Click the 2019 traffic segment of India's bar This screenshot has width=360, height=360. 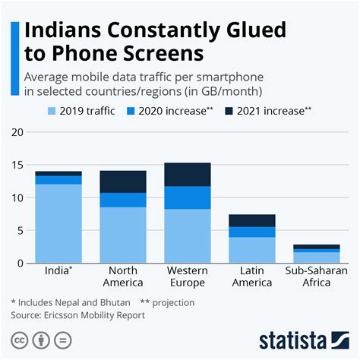point(58,224)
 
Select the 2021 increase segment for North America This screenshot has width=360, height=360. point(122,182)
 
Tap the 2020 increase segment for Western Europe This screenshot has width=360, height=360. point(188,197)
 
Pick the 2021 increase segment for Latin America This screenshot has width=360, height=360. point(252,220)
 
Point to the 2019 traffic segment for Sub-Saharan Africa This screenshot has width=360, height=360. point(317,257)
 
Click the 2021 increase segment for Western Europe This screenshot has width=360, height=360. point(188,175)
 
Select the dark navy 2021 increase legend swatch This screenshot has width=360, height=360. point(229,110)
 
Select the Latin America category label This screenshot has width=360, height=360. point(252,276)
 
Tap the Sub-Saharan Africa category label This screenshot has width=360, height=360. point(317,276)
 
